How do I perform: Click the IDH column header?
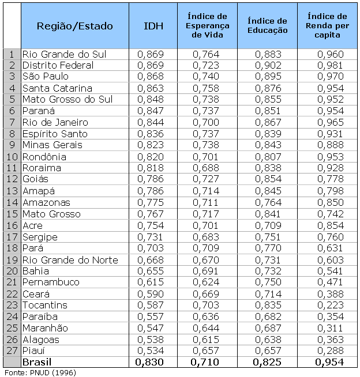(x=152, y=26)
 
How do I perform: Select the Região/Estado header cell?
(x=74, y=26)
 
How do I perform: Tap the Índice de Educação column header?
(x=267, y=26)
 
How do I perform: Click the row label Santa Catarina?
(x=57, y=88)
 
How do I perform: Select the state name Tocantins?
(x=45, y=305)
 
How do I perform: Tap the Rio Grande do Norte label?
(x=70, y=259)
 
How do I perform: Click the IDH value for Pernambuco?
(x=152, y=282)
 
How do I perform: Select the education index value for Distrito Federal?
(x=267, y=65)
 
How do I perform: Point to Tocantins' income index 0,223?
(x=328, y=305)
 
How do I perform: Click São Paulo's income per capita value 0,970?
(x=328, y=77)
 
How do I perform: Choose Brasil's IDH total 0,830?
(x=152, y=362)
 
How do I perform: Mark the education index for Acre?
(x=267, y=225)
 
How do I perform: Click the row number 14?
(x=12, y=202)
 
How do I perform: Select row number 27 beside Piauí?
(x=12, y=350)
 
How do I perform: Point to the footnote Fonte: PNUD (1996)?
(x=40, y=372)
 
